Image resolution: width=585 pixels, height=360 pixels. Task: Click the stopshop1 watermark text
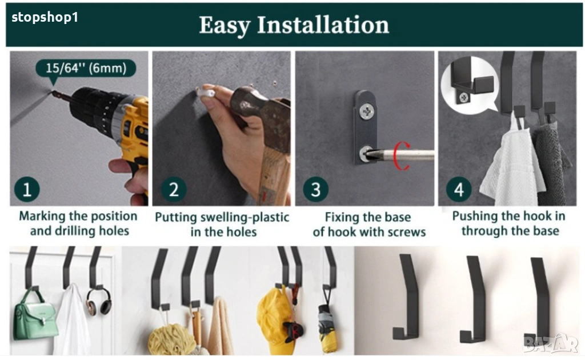pos(45,18)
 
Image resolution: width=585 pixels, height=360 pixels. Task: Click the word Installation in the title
pos(323,25)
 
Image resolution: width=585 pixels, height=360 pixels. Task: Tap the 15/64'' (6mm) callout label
pos(86,68)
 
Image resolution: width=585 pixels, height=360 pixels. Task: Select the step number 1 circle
pos(27,190)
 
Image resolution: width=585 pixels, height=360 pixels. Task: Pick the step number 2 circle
pos(174,190)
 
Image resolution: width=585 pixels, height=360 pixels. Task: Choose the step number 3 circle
pos(315,190)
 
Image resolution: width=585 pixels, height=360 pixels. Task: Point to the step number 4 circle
pos(459,190)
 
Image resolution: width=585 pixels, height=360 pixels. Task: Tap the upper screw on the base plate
pos(367,111)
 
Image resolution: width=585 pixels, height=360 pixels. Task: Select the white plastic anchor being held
pos(206,92)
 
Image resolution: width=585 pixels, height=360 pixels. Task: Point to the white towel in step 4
pos(512,164)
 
